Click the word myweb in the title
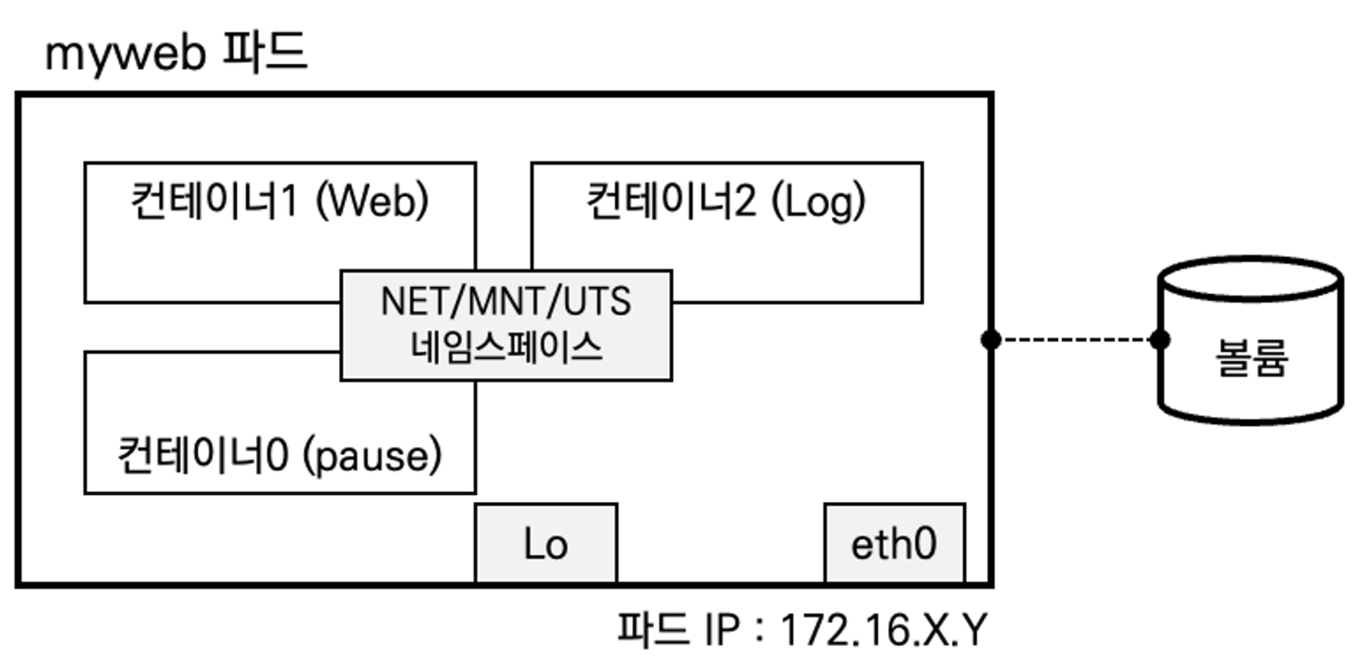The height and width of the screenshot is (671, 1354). (x=124, y=54)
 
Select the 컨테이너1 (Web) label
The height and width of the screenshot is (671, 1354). (x=279, y=201)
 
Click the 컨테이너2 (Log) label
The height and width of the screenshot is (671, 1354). (x=725, y=201)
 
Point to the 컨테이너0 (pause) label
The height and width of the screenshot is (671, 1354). (x=279, y=455)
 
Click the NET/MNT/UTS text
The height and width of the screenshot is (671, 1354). (x=506, y=302)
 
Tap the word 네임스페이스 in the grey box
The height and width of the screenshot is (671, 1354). (x=506, y=348)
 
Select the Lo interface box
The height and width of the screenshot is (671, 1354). (x=545, y=543)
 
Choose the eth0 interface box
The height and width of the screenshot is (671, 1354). (x=894, y=543)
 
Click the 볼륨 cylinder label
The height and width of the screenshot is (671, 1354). (x=1251, y=357)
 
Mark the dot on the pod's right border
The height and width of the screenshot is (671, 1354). (x=991, y=340)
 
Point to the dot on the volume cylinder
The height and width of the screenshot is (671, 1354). (x=1161, y=340)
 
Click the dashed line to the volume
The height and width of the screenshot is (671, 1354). (x=1075, y=340)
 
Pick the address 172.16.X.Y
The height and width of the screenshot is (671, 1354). (x=883, y=630)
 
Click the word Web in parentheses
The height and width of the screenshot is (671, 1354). (x=372, y=201)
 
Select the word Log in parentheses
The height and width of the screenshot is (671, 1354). (x=818, y=201)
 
